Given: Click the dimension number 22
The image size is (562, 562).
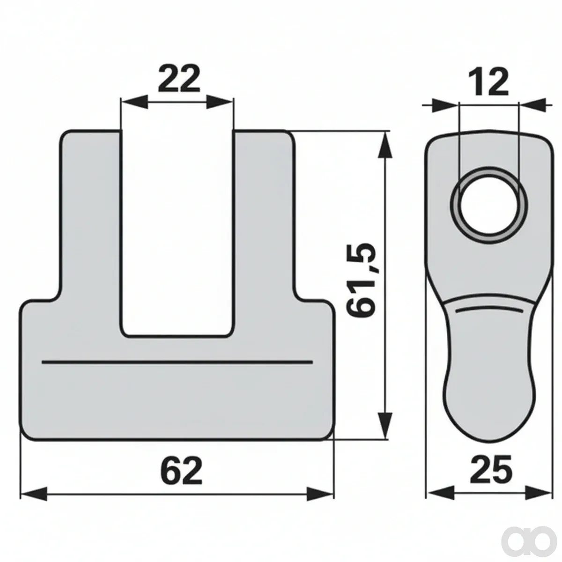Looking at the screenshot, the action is (179, 79).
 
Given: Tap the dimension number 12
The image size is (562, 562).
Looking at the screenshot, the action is (488, 82).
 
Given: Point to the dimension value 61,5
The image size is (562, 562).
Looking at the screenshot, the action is (361, 280).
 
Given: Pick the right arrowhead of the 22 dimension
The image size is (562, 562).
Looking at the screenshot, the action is (219, 102).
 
